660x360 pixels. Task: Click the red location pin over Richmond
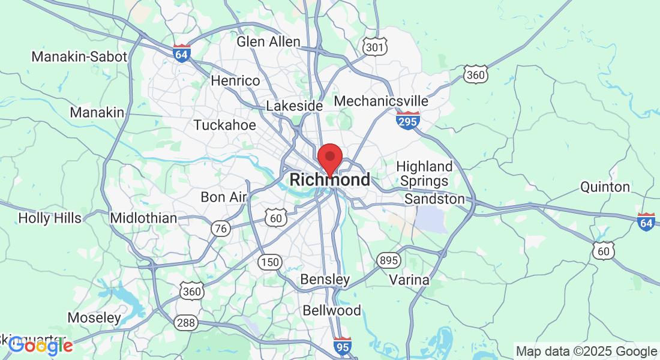click(329, 158)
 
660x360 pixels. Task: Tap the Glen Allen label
click(268, 41)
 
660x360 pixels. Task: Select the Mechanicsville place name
click(381, 101)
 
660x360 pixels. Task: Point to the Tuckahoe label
click(224, 125)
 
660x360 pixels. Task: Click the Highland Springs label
click(425, 173)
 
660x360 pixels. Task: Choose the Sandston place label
click(434, 199)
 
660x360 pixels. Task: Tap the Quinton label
click(605, 187)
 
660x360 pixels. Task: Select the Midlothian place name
click(143, 218)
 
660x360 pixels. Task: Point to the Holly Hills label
click(50, 218)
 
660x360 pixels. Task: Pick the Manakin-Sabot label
click(80, 57)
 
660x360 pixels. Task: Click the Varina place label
click(409, 280)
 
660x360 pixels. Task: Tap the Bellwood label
click(332, 310)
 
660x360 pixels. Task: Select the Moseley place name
click(94, 317)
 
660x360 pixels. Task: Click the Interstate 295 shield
click(408, 120)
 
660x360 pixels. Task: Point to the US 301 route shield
click(374, 46)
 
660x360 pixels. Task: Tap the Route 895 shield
click(389, 260)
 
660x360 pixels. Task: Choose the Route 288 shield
click(186, 323)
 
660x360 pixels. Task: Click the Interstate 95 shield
click(341, 346)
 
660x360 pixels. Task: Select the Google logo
click(40, 345)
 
